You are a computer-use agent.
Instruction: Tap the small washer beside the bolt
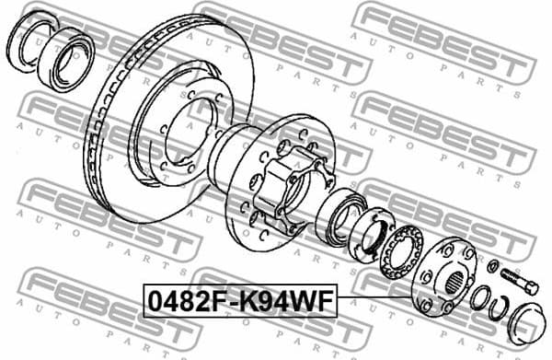tap(493, 267)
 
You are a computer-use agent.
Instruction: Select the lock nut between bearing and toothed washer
tap(372, 234)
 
